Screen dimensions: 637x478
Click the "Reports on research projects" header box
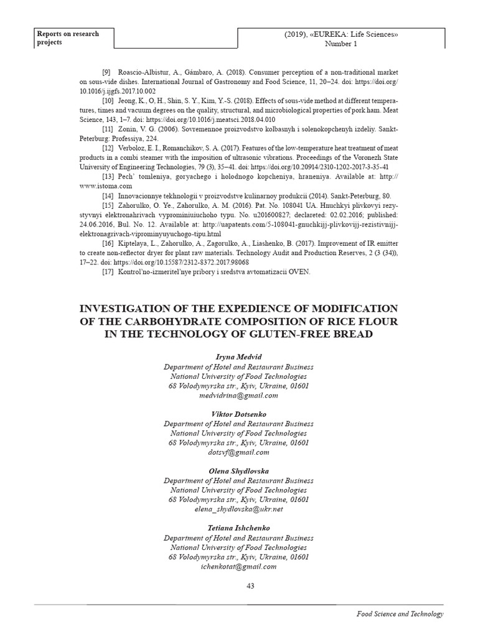pos(73,38)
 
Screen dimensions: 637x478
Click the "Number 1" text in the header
pos(341,44)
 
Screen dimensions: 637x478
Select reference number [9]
pos(106,73)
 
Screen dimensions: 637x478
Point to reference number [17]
pos(108,272)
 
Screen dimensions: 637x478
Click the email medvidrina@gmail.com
pos(238,395)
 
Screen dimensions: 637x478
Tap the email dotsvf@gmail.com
pos(238,452)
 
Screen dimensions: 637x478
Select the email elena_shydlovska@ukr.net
pos(238,509)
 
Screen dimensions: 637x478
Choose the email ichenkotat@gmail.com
pos(238,567)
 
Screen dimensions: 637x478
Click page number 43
pos(251,585)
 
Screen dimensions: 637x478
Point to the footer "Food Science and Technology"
pos(400,614)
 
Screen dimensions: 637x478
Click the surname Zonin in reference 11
pos(128,129)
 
